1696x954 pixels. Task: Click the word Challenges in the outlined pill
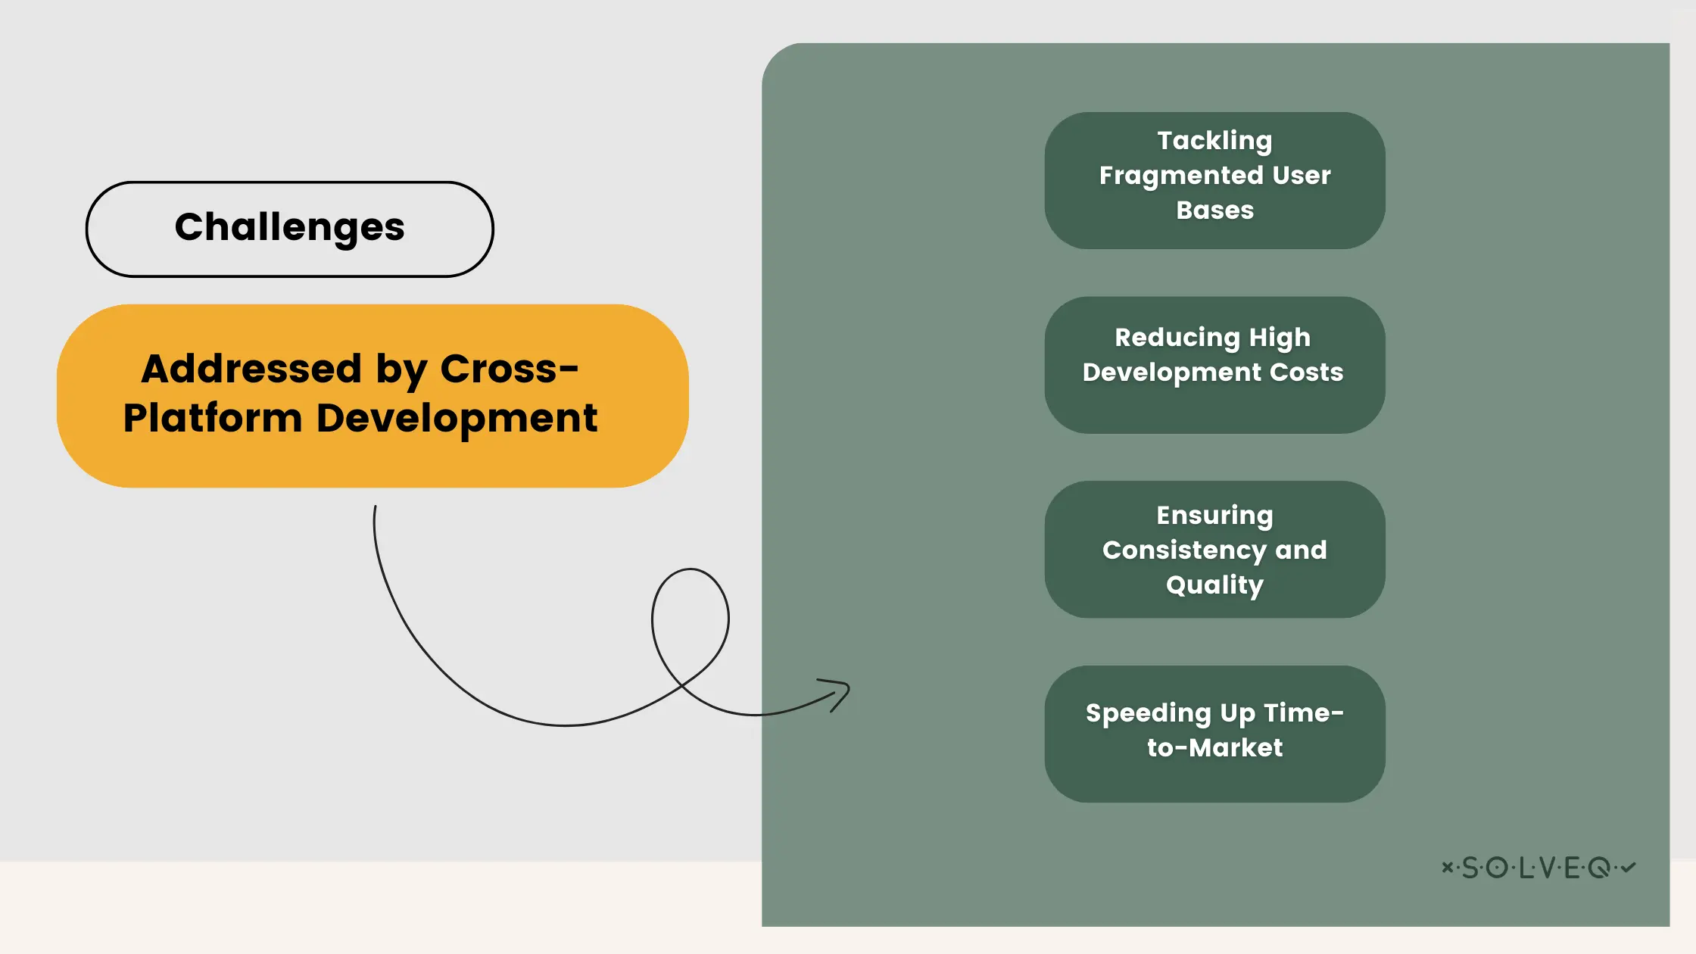click(x=289, y=228)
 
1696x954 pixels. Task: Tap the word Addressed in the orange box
click(x=251, y=369)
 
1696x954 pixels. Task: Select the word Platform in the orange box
click(x=213, y=419)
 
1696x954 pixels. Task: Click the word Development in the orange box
click(x=457, y=419)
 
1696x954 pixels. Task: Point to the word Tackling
click(x=1214, y=142)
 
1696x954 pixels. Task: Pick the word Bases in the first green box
click(x=1214, y=210)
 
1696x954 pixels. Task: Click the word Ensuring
click(x=1214, y=516)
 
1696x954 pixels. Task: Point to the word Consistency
click(x=1184, y=550)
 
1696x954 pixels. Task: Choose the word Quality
click(x=1214, y=585)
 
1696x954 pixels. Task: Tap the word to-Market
click(x=1214, y=748)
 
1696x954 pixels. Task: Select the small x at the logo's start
click(x=1447, y=867)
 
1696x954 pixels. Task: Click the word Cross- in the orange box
click(x=509, y=369)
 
